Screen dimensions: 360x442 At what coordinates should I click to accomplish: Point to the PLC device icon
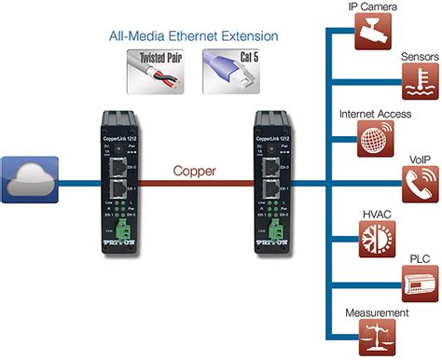click(417, 285)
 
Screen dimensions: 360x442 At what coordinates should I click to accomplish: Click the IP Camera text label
click(372, 7)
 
